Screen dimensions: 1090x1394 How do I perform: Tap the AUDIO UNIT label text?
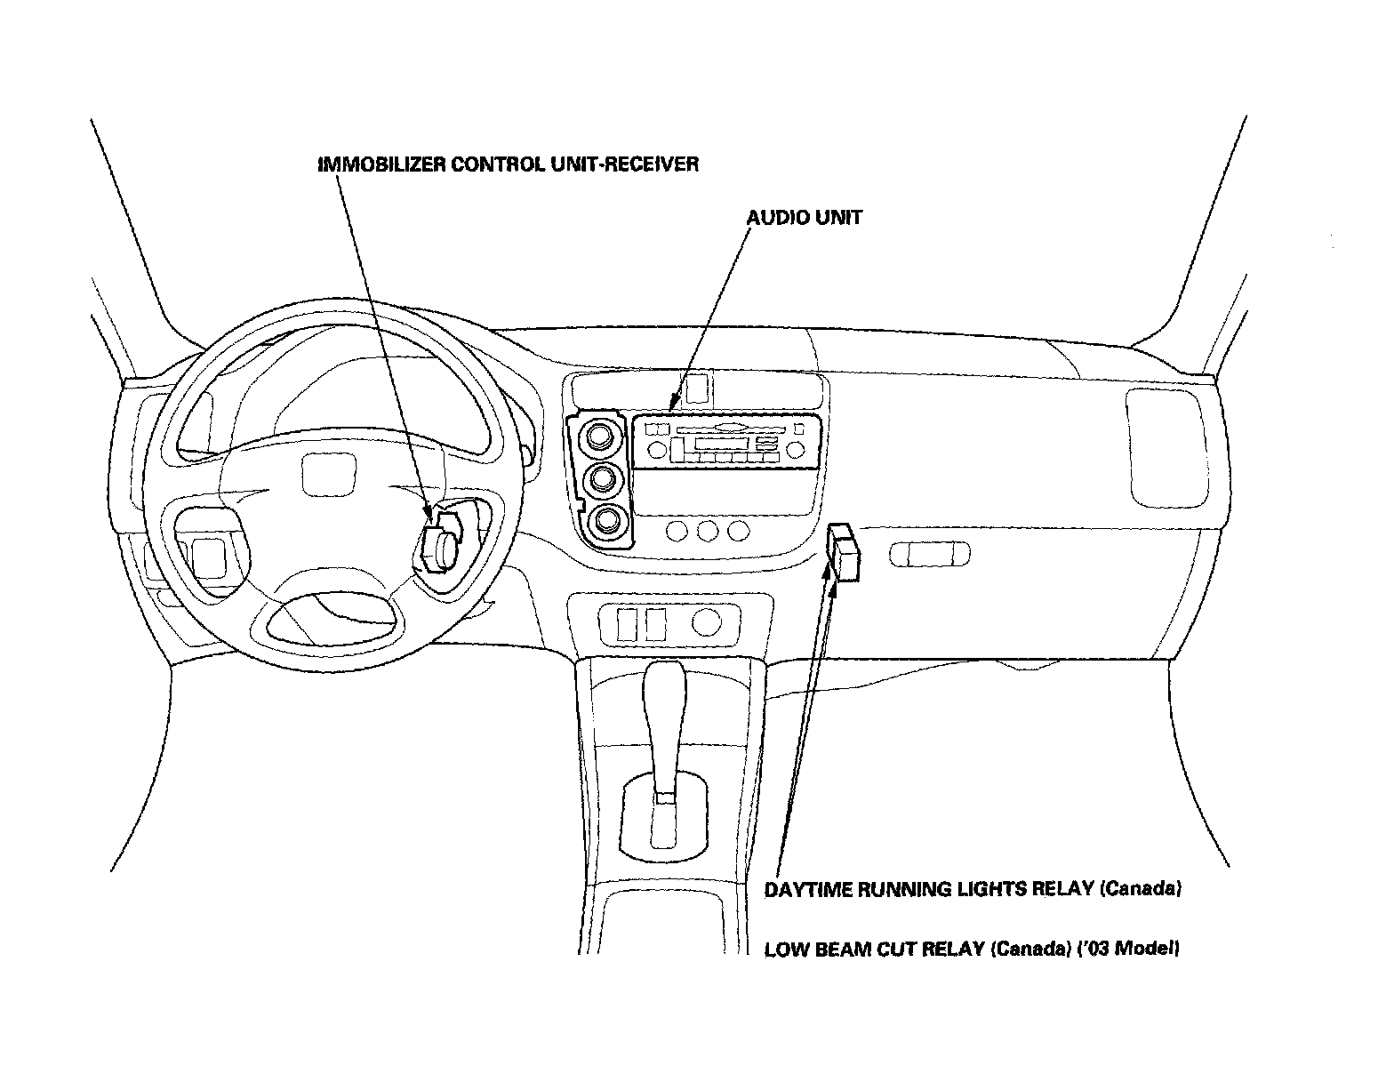804,217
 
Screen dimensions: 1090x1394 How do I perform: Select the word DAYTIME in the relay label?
807,889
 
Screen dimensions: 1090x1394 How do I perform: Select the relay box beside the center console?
844,552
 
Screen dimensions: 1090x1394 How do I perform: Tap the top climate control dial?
599,436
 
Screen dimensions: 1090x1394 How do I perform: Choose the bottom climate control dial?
607,520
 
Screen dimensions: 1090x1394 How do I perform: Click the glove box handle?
929,556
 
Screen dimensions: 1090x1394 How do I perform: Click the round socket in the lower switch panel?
706,621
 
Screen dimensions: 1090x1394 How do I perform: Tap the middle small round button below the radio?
708,532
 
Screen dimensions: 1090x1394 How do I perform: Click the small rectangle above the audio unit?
697,388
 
